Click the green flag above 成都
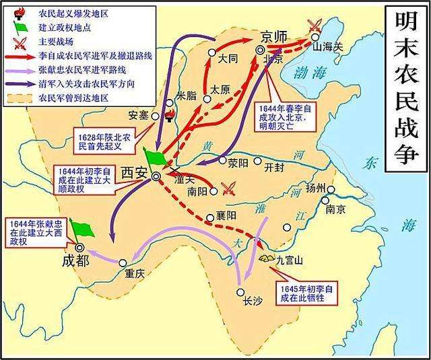pyautogui.click(x=84, y=229)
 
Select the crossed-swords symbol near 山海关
pyautogui.click(x=313, y=26)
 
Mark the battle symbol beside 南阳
pyautogui.click(x=230, y=189)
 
